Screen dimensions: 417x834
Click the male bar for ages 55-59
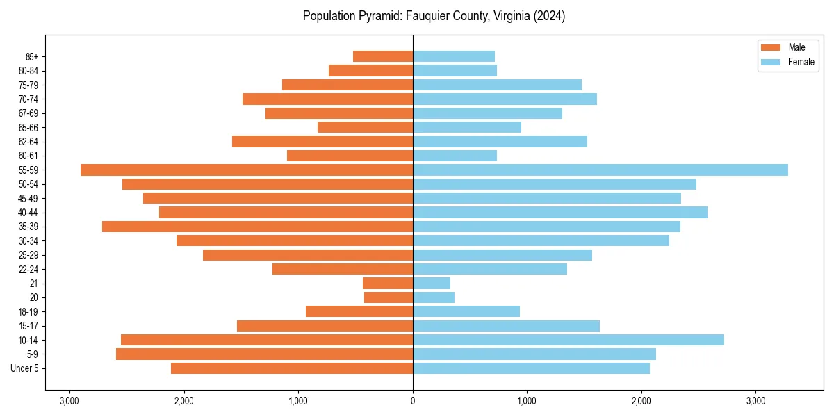247,170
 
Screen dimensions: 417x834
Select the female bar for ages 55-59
600,170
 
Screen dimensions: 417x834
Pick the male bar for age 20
389,297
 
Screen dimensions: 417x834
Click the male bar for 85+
383,56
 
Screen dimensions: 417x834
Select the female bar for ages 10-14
569,340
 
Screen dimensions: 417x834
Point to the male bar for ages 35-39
257,227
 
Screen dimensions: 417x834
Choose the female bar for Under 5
532,368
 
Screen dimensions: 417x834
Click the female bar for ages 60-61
455,156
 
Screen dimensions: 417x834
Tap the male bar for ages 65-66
366,127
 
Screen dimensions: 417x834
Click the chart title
434,16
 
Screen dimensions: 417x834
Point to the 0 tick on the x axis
413,401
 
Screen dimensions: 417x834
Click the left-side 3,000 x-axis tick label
69,401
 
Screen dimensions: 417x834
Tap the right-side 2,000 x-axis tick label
641,401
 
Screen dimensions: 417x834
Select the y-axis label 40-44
29,213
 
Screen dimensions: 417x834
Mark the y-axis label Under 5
25,368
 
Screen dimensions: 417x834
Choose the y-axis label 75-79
29,85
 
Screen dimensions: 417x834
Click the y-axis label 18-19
29,312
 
